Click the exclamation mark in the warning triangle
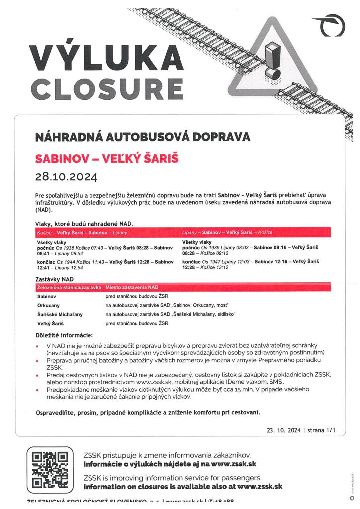point(271,60)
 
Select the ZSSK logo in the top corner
point(331,26)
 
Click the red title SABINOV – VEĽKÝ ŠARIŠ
point(106,159)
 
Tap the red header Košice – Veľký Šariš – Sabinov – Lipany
point(83,233)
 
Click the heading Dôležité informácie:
point(65,336)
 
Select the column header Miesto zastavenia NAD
point(132,287)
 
